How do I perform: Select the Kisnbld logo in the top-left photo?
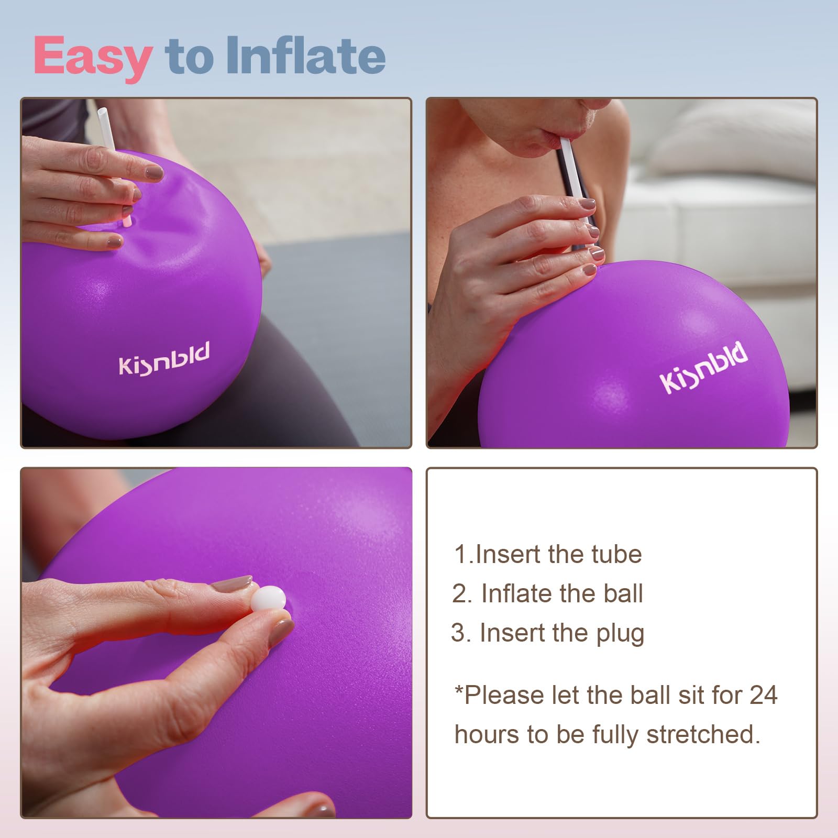pos(164,359)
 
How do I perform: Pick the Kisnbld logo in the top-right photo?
pos(703,367)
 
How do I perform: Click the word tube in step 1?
pos(616,554)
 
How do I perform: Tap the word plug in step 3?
pos(620,634)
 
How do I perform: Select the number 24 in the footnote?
pos(763,696)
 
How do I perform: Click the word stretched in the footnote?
pos(703,734)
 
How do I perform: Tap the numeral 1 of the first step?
pos(460,555)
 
